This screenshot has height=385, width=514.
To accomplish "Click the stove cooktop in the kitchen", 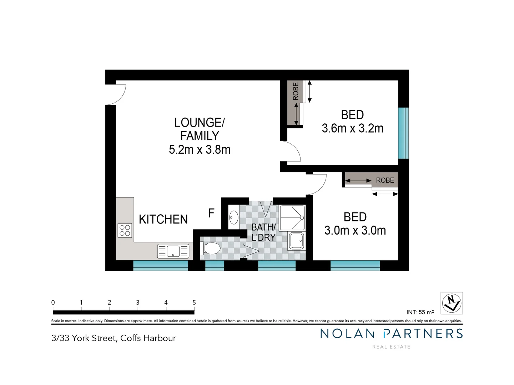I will tap(125, 231).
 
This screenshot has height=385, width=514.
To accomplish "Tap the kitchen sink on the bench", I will tap(173, 251).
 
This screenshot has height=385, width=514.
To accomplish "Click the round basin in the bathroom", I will tap(233, 217).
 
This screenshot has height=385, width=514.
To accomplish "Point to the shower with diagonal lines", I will tap(292, 217).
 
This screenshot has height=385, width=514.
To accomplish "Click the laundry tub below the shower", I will tap(296, 241).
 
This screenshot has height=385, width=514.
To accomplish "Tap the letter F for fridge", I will tap(211, 213).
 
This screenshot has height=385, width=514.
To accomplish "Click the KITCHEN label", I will tap(163, 219).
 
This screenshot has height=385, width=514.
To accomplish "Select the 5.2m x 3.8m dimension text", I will tap(200, 150).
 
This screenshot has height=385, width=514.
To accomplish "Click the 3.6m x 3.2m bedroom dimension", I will tap(352, 128).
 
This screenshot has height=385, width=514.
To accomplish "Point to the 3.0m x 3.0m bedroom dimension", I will tap(355, 231).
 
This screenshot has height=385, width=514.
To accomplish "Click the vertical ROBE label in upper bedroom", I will tap(296, 91).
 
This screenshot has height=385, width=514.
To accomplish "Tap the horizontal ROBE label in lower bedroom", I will tap(385, 180).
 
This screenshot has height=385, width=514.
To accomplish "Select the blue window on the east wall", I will tap(403, 133).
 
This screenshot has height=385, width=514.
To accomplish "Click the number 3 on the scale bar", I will tap(138, 302).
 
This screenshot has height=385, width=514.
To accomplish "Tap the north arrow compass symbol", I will tap(452, 303).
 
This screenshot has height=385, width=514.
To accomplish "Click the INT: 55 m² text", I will tap(420, 312).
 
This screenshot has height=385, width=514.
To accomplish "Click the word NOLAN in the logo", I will tap(347, 334).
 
